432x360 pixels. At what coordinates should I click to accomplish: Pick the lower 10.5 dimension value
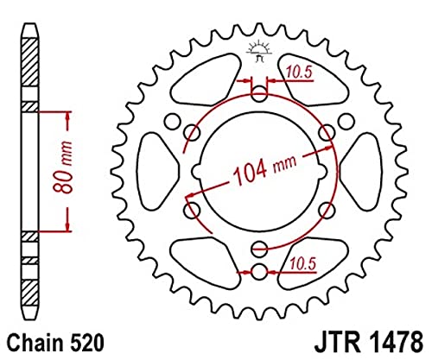point(303,259)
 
